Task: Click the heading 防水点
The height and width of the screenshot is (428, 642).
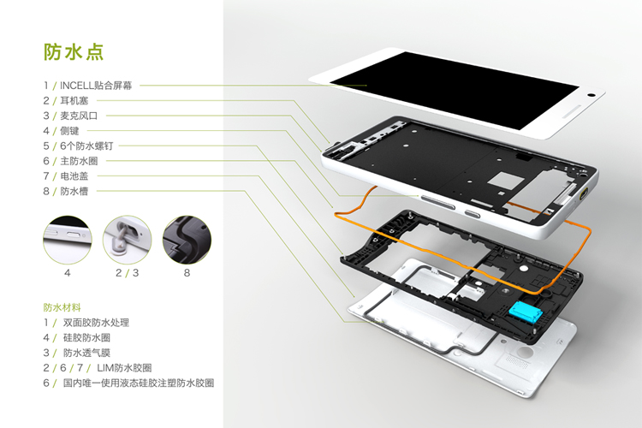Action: pyautogui.click(x=74, y=52)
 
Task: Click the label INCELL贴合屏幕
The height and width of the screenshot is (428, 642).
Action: pyautogui.click(x=99, y=85)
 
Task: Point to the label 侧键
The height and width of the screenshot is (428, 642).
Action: pyautogui.click(x=72, y=130)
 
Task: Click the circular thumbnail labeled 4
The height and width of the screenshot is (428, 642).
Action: pyautogui.click(x=67, y=237)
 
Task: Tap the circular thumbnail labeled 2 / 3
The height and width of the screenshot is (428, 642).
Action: pyautogui.click(x=127, y=237)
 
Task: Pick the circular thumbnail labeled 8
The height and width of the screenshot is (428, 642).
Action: pyautogui.click(x=186, y=237)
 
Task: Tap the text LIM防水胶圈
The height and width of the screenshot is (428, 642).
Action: pyautogui.click(x=127, y=368)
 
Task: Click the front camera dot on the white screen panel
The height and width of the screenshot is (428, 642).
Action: pyautogui.click(x=591, y=94)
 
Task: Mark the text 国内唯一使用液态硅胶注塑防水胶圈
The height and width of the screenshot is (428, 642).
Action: pyautogui.click(x=138, y=383)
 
